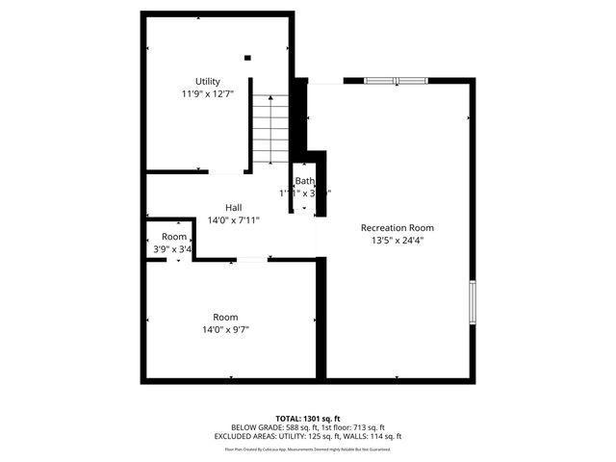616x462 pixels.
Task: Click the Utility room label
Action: tap(208, 81)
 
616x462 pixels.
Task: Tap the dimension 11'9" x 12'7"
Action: tap(208, 94)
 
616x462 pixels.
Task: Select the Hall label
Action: tap(233, 207)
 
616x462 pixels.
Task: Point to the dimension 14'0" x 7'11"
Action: tap(233, 220)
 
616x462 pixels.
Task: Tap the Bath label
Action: tap(304, 181)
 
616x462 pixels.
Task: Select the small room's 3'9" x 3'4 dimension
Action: tap(173, 250)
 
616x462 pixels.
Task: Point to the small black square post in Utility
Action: tap(247, 58)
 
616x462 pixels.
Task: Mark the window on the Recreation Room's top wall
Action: tap(396, 81)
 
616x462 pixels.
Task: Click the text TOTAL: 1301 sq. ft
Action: tap(307, 418)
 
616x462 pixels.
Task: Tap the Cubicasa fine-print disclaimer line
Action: tap(307, 449)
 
